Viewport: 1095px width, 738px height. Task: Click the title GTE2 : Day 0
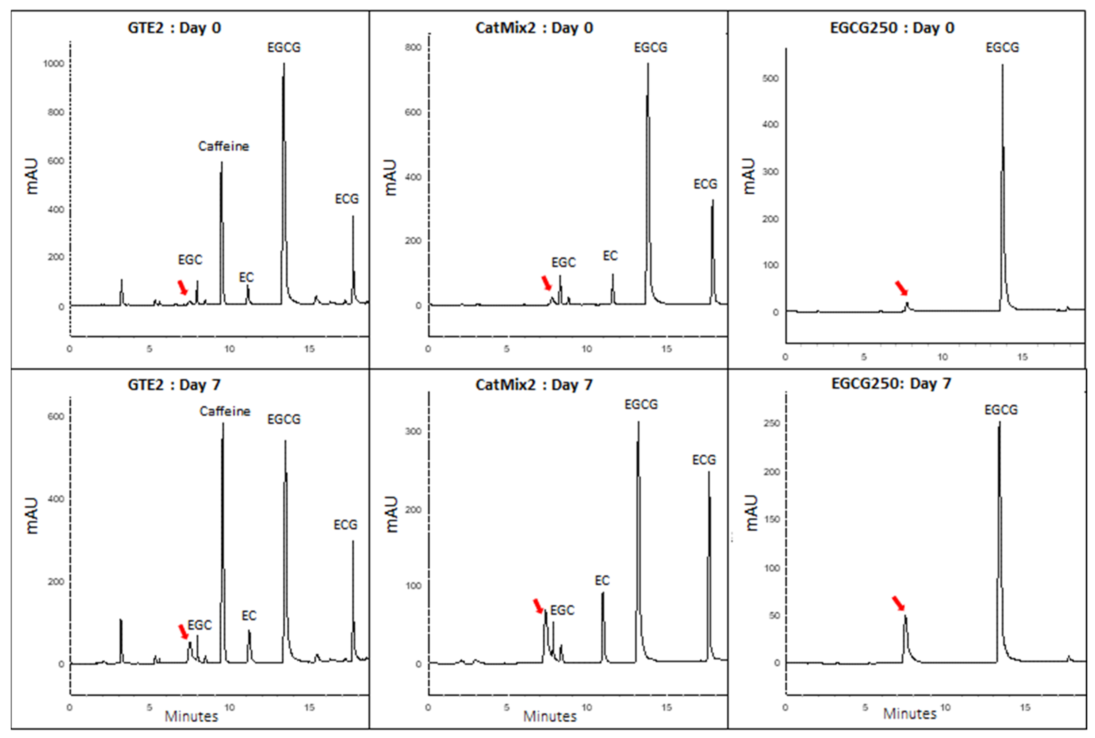[x=174, y=28]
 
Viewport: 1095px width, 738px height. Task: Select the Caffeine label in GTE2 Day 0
[x=223, y=146]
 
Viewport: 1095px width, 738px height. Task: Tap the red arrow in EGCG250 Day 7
[x=898, y=603]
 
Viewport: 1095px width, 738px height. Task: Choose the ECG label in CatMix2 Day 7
[x=704, y=460]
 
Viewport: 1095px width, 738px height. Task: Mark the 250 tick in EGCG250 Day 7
[x=771, y=423]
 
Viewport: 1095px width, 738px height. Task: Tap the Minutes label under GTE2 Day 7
[x=191, y=716]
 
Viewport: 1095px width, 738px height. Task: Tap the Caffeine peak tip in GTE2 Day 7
[x=223, y=424]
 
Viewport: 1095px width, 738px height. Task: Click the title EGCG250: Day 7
[x=891, y=383]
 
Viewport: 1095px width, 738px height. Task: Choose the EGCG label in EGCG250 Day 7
[x=1001, y=410]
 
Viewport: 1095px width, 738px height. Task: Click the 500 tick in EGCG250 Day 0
[x=771, y=78]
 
